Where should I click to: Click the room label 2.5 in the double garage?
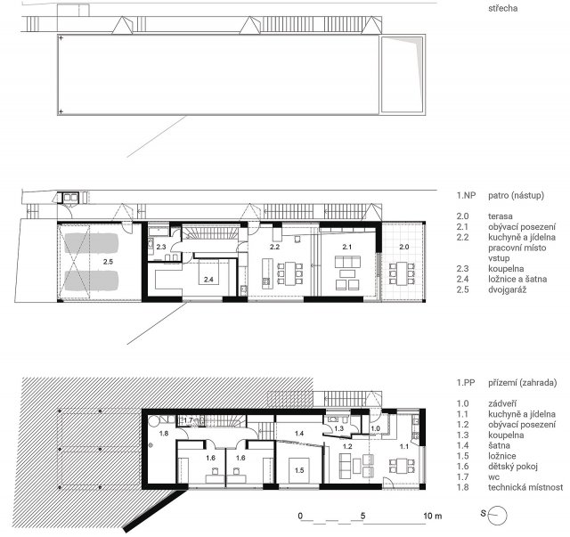108,262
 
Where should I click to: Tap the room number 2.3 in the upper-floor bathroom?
161,247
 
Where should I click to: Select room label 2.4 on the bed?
208,280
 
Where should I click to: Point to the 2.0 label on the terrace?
403,247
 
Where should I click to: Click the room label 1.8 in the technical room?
164,433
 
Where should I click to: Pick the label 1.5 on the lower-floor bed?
299,470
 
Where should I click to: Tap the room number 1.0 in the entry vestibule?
375,428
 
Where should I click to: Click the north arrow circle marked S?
497,516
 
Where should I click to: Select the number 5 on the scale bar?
362,516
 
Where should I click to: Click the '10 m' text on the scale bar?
433,516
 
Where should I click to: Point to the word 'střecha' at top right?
502,8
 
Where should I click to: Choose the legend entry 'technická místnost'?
525,487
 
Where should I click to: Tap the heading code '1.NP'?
466,195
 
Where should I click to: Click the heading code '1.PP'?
466,382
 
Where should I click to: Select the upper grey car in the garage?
92,243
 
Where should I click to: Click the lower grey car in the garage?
92,281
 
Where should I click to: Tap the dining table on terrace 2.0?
402,273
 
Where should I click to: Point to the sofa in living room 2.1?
347,262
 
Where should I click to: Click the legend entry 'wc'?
494,477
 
